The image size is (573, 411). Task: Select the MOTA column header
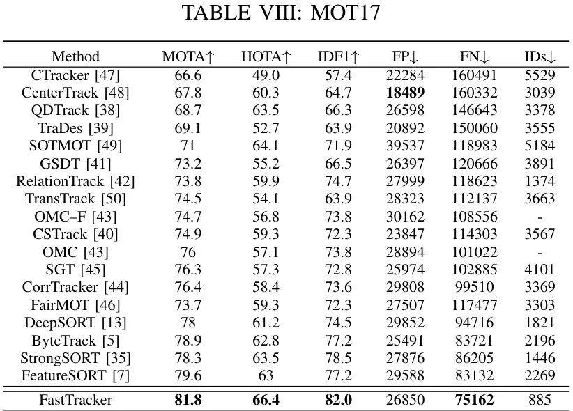(x=187, y=57)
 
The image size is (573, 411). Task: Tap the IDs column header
(x=540, y=57)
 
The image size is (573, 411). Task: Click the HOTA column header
(x=266, y=57)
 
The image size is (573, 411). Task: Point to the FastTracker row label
(x=75, y=400)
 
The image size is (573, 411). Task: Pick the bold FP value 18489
(x=405, y=92)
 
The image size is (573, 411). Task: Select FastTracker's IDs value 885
(x=540, y=400)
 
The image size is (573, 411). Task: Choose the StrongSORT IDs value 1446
(x=540, y=359)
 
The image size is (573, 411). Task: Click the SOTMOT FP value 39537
(x=405, y=146)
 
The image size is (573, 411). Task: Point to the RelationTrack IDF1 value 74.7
(x=335, y=181)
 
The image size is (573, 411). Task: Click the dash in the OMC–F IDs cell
(x=540, y=217)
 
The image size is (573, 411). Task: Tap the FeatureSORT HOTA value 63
(x=266, y=376)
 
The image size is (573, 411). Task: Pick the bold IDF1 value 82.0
(x=335, y=400)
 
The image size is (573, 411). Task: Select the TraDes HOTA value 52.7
(x=266, y=127)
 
